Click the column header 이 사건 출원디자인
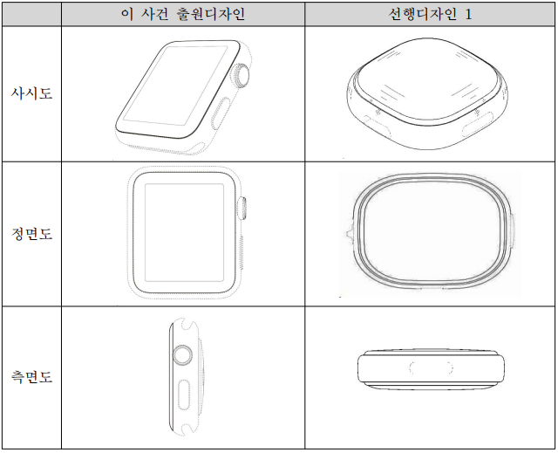pyautogui.click(x=183, y=14)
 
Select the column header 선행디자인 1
pyautogui.click(x=430, y=14)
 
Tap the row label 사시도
pyautogui.click(x=31, y=93)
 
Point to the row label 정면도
pyautogui.click(x=31, y=234)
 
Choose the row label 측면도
pyautogui.click(x=31, y=376)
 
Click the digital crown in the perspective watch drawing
pyautogui.click(x=241, y=75)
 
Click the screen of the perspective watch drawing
pyautogui.click(x=175, y=86)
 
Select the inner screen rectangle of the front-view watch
pyautogui.click(x=184, y=232)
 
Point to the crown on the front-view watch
pyautogui.click(x=242, y=208)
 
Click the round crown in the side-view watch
pyautogui.click(x=183, y=355)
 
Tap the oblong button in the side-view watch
pyautogui.click(x=184, y=395)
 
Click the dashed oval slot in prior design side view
pyautogui.click(x=431, y=367)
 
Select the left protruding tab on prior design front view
pyautogui.click(x=349, y=233)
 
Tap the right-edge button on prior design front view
pyautogui.click(x=513, y=230)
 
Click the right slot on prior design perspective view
pyautogui.click(x=477, y=125)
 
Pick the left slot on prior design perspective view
pyautogui.click(x=377, y=127)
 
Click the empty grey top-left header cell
pyautogui.click(x=31, y=14)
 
